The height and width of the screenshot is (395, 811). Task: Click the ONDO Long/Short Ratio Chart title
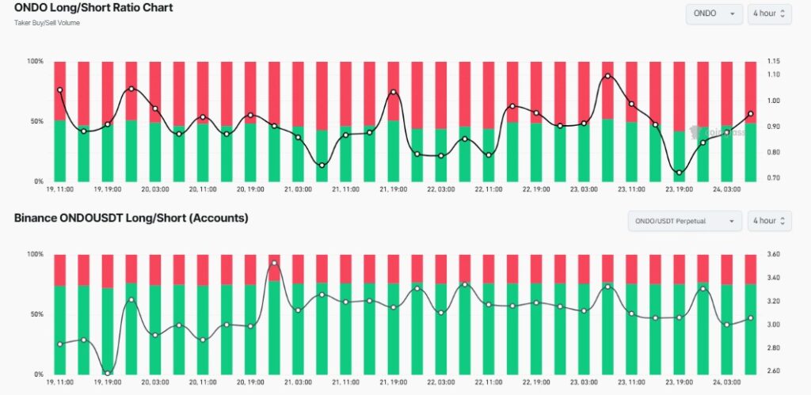(93, 8)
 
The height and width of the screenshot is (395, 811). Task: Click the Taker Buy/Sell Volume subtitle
(47, 23)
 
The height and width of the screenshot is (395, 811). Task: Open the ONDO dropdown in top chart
(714, 13)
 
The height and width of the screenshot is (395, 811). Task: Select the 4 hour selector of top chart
(769, 13)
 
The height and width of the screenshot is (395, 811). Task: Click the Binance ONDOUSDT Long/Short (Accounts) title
(131, 218)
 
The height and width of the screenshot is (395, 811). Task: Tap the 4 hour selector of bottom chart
(769, 221)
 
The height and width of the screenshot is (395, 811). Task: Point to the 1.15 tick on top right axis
(774, 62)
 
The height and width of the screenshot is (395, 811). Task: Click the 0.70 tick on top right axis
(774, 178)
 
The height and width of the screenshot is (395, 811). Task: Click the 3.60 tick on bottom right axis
(774, 255)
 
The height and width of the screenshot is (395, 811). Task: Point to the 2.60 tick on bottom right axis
(774, 370)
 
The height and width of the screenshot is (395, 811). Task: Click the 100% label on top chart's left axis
(35, 62)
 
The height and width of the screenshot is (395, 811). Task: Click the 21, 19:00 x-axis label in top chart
(393, 190)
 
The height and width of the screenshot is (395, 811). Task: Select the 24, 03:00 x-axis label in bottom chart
(726, 382)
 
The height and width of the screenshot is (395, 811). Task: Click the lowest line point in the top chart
(679, 173)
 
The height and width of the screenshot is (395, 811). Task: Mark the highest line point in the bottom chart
(274, 263)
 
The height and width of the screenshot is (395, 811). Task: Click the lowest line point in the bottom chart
(108, 372)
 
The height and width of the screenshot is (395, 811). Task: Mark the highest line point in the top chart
(607, 76)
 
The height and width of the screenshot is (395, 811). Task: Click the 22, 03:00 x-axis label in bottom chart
(440, 382)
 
